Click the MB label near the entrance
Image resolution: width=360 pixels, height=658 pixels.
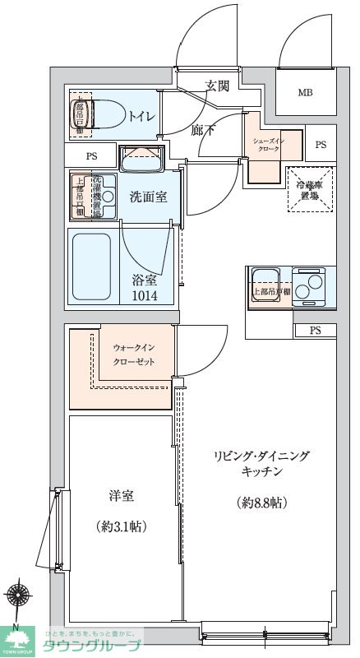(304, 92)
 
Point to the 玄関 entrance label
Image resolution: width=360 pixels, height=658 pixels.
(217, 86)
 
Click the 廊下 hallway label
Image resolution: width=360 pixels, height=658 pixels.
(202, 129)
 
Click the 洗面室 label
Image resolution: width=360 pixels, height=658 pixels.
(148, 197)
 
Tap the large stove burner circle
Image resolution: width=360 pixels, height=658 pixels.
(312, 290)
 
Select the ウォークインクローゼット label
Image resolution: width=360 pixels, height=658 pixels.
(132, 355)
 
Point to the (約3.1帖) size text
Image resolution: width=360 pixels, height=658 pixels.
(122, 526)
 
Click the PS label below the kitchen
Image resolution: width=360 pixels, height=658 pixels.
(316, 331)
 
